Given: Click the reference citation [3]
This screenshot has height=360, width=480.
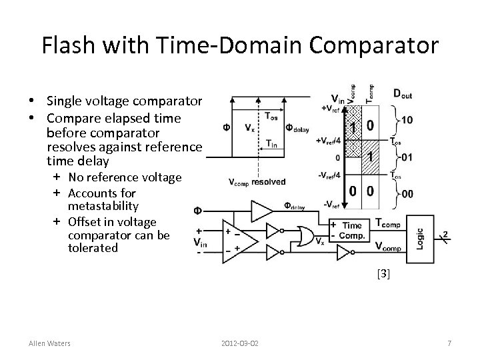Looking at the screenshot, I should pos(383,273).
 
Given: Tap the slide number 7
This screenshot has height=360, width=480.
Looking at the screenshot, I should pos(450,343).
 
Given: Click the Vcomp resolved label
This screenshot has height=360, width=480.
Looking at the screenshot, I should pos(257,182).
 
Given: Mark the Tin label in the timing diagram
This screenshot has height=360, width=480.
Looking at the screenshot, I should pos(272,143).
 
